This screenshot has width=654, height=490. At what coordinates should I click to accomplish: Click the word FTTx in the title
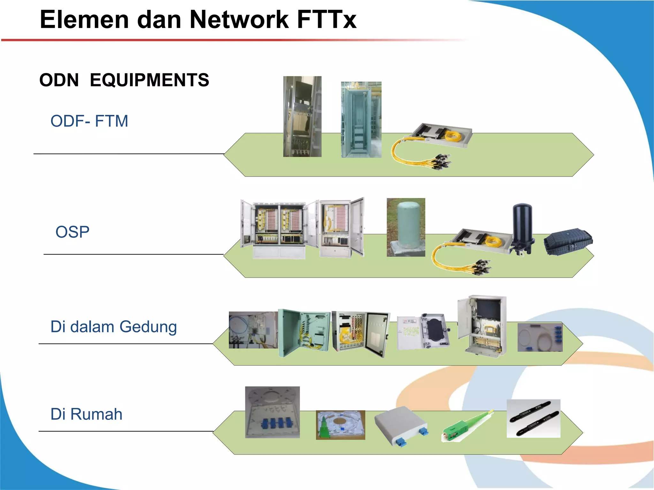click(326, 20)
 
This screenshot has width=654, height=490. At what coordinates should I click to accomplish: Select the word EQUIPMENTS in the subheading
click(149, 80)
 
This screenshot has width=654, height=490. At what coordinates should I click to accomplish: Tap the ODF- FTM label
click(89, 121)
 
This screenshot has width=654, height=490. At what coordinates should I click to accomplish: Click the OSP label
click(72, 232)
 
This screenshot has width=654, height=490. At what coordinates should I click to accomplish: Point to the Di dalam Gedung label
click(114, 327)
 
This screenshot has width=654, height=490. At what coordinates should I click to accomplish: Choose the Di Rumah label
click(87, 414)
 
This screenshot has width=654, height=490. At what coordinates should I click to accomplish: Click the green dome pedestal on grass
click(406, 227)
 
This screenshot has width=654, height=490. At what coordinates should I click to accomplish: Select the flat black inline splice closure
click(568, 241)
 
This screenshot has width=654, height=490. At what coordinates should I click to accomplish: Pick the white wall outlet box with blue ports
click(401, 425)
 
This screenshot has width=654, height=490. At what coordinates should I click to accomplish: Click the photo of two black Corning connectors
click(533, 418)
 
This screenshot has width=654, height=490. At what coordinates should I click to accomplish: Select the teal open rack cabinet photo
click(361, 120)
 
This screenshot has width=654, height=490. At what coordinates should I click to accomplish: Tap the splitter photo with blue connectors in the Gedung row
click(540, 337)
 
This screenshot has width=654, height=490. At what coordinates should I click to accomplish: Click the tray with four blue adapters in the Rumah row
click(272, 412)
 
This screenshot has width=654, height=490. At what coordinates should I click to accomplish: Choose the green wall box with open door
click(303, 332)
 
